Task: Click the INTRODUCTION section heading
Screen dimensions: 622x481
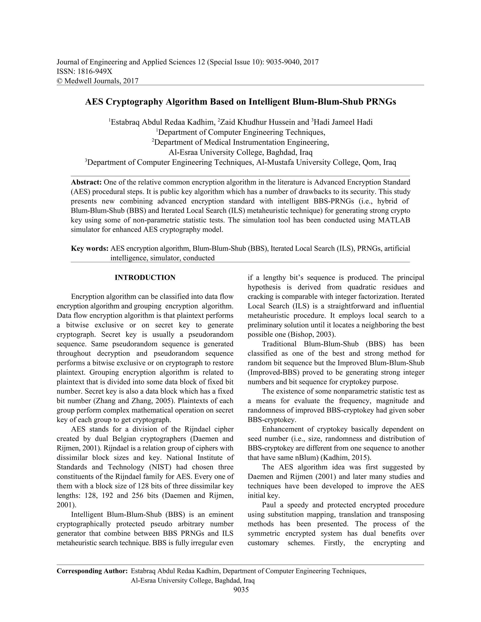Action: coord(145,278)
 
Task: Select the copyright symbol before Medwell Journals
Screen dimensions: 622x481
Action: coord(60,81)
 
